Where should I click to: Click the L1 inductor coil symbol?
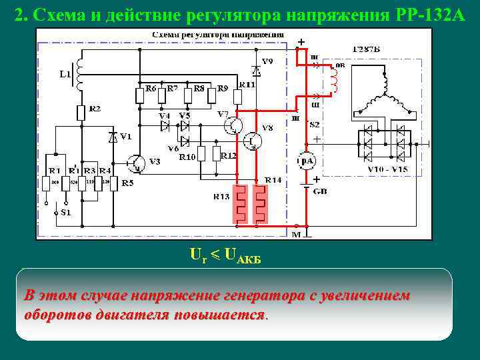click(79, 73)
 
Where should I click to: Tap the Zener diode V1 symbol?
click(113, 137)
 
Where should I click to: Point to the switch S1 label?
click(64, 213)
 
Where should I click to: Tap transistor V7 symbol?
click(233, 125)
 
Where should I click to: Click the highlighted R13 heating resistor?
click(239, 203)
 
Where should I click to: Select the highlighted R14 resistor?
click(261, 203)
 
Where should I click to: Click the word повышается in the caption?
click(221, 315)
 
